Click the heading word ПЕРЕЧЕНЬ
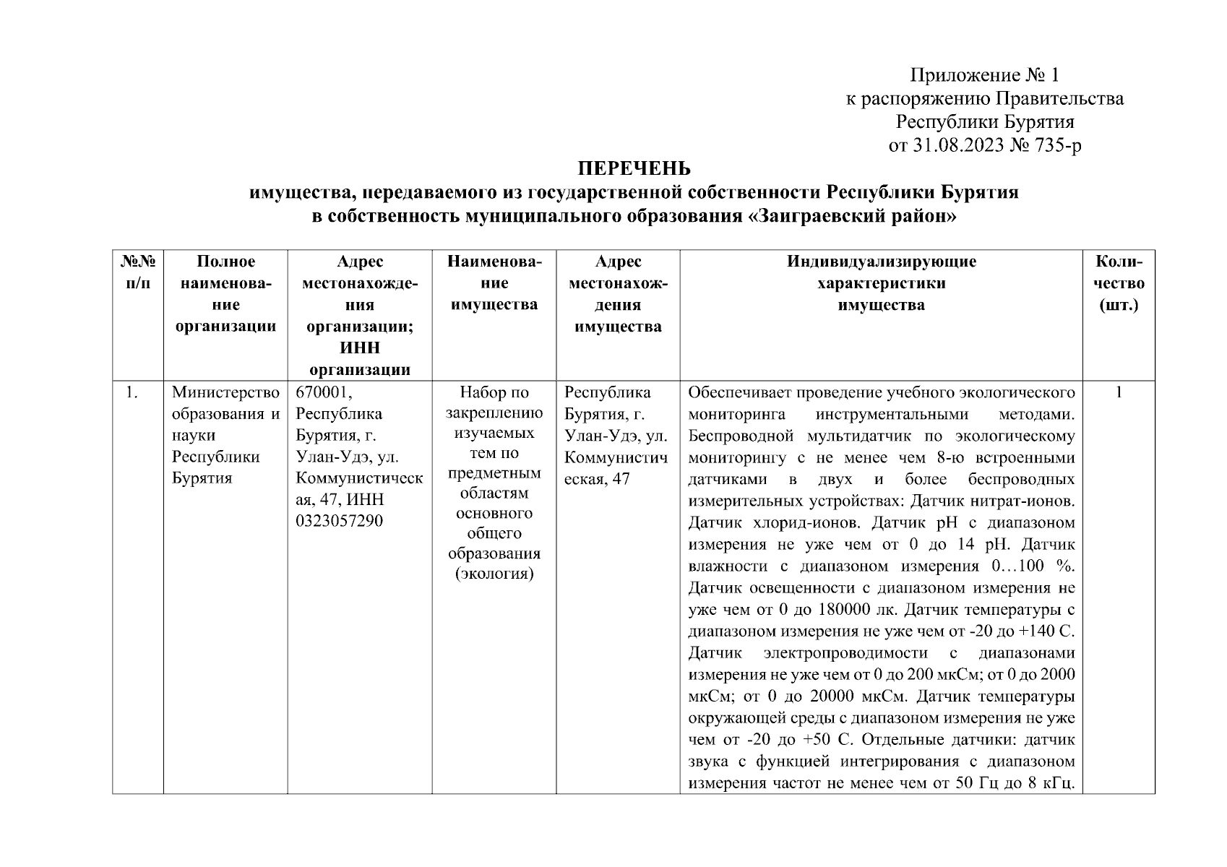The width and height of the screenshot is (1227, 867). coord(634,169)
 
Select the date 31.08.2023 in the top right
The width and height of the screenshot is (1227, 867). coord(956,146)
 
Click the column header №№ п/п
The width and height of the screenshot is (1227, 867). coord(137,272)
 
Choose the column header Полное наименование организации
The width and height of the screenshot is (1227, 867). coord(225,293)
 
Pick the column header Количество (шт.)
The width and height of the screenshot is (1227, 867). coord(1118,283)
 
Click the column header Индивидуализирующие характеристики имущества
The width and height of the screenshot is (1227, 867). coord(881,283)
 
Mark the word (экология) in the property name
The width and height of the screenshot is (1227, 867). coord(494,575)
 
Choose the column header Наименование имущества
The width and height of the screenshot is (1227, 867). coord(494,283)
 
